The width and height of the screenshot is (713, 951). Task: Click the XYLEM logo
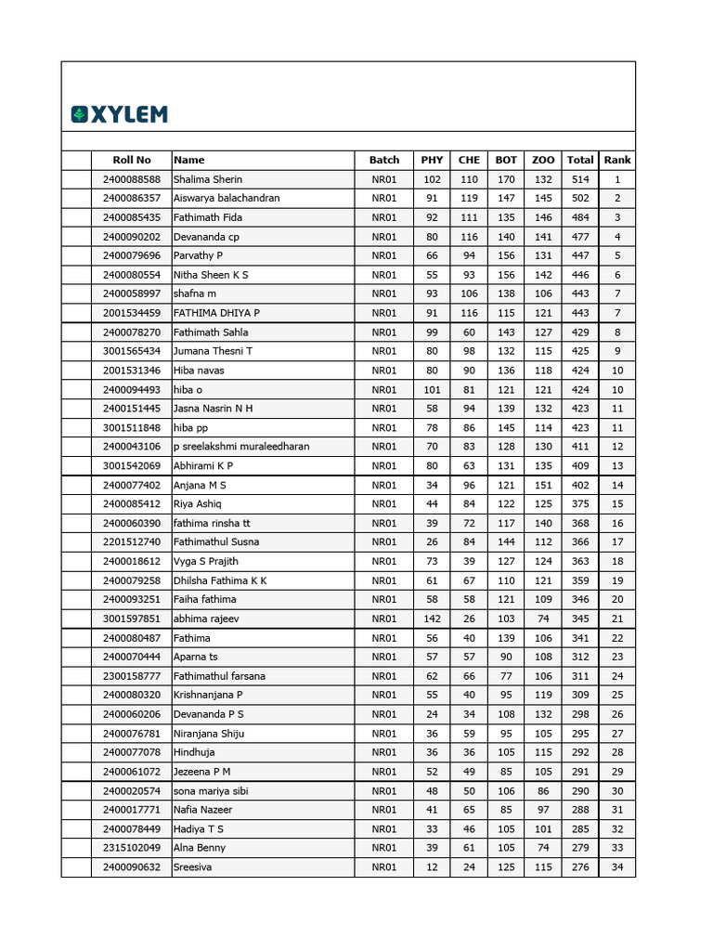[x=120, y=114]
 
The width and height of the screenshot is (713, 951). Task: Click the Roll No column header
[x=131, y=160]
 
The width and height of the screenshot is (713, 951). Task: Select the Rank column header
[x=617, y=160]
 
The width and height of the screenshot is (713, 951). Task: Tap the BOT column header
[x=506, y=160]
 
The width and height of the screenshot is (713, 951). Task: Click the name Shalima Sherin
[x=208, y=179]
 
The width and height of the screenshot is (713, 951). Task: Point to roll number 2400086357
[x=132, y=198]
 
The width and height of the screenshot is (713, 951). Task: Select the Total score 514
[x=580, y=179]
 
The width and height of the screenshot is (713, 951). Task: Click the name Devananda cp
[x=206, y=237]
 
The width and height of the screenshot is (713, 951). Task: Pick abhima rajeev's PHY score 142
[x=432, y=619]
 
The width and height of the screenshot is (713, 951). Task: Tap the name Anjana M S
[x=200, y=485]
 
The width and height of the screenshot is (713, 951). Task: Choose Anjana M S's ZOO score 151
[x=543, y=485]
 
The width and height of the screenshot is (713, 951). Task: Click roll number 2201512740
[x=132, y=542]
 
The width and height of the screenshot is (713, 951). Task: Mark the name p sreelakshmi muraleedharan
[x=241, y=447]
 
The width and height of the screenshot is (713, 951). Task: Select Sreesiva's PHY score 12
[x=432, y=867]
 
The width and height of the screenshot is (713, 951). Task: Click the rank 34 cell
[x=617, y=867]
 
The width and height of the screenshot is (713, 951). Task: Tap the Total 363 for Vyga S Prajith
[x=580, y=561]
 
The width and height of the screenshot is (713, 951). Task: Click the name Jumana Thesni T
[x=213, y=351]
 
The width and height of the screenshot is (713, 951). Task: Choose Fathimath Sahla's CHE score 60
[x=469, y=332]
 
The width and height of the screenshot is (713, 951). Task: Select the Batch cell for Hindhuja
[x=384, y=752]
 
